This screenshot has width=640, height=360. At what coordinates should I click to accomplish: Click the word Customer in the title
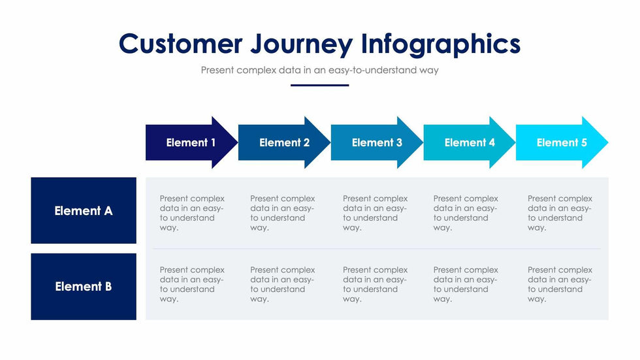pyautogui.click(x=179, y=44)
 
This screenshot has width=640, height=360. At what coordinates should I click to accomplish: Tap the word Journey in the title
pyautogui.click(x=300, y=44)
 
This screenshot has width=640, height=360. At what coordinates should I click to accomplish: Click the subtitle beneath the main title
pyautogui.click(x=320, y=70)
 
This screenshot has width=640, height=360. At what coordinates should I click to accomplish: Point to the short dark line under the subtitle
pyautogui.click(x=320, y=85)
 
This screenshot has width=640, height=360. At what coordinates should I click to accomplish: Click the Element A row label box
pyautogui.click(x=84, y=210)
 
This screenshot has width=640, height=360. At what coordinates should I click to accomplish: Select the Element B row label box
pyautogui.click(x=84, y=286)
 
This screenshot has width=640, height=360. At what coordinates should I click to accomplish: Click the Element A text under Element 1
pyautogui.click(x=192, y=213)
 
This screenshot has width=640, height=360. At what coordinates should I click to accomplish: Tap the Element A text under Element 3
pyautogui.click(x=375, y=213)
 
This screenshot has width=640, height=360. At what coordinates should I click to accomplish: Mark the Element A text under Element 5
pyautogui.click(x=560, y=213)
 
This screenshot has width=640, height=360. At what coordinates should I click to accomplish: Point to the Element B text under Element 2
pyautogui.click(x=282, y=284)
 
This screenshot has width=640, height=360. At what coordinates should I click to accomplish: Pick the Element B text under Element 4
pyautogui.click(x=466, y=284)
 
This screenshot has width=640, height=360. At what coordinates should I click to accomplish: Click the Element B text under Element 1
pyautogui.click(x=192, y=284)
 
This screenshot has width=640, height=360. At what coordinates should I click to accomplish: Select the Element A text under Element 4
pyautogui.click(x=466, y=213)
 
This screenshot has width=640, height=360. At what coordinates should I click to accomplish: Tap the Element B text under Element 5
pyautogui.click(x=560, y=284)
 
